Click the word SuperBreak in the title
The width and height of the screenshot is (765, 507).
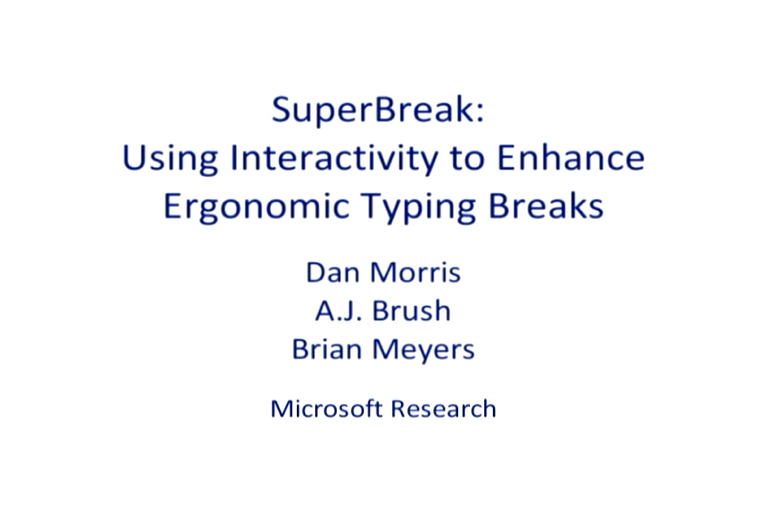372,110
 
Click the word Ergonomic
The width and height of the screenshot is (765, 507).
256,207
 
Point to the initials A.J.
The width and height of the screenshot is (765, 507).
340,311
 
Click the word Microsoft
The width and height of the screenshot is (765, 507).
326,408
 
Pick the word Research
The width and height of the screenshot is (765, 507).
443,408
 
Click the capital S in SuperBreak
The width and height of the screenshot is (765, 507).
282,110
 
